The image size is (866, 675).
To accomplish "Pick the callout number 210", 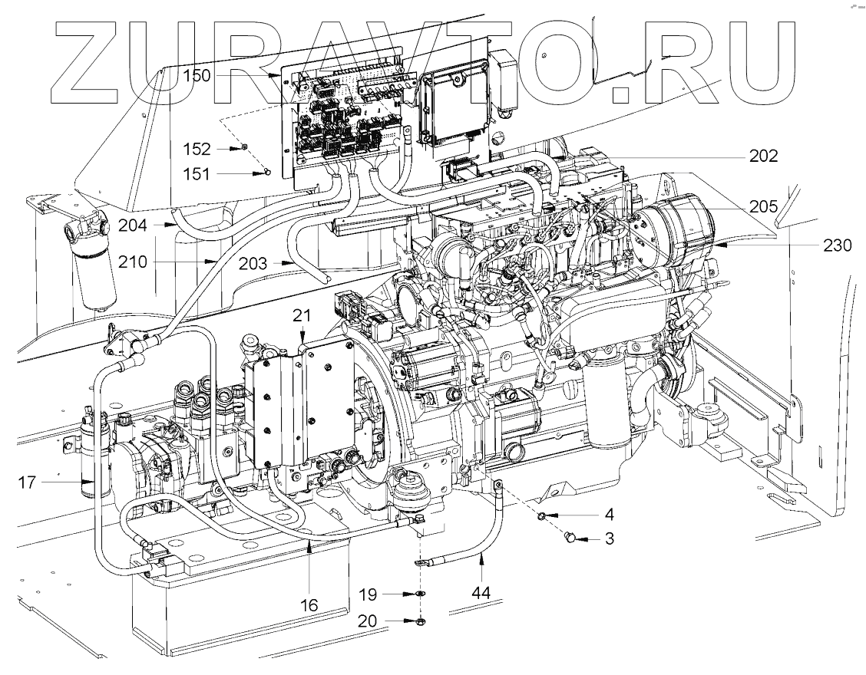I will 134,262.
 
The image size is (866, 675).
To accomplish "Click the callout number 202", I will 764,156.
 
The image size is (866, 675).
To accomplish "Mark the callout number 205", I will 764,206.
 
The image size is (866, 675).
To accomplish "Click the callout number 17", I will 28,482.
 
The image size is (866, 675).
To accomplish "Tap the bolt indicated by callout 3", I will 570,539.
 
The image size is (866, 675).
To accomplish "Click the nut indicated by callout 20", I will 421,621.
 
